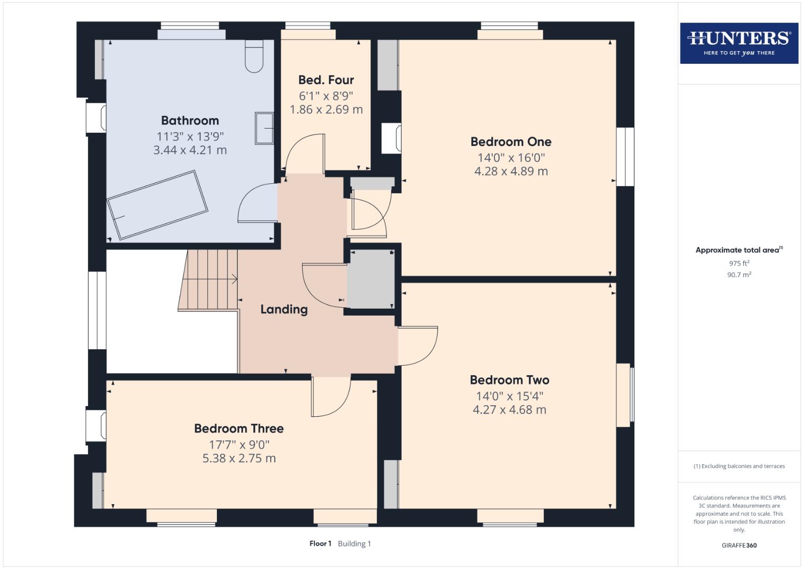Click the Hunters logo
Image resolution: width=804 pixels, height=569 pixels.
(739, 43)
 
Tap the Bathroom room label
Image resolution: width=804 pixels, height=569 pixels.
(190, 121)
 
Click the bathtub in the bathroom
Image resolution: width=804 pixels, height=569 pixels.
(157, 204)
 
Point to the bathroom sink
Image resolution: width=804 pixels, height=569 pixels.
(264, 127)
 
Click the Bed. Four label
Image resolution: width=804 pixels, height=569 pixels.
(326, 80)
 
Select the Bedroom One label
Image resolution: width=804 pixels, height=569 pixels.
(511, 142)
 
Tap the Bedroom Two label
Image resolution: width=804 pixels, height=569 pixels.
(509, 380)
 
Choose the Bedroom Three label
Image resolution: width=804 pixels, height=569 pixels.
(239, 429)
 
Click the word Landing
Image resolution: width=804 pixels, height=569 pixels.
(284, 309)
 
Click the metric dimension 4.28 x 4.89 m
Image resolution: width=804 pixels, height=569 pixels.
(511, 171)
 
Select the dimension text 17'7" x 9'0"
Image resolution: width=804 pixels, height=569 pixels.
(239, 445)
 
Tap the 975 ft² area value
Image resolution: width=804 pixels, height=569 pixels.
(739, 263)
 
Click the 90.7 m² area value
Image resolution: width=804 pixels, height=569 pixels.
(739, 274)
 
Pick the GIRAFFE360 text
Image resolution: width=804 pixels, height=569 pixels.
(739, 545)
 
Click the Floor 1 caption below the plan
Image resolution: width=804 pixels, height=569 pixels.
(320, 544)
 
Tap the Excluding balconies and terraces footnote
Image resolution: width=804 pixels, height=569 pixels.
(739, 466)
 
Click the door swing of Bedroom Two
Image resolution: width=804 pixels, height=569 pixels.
(419, 346)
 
